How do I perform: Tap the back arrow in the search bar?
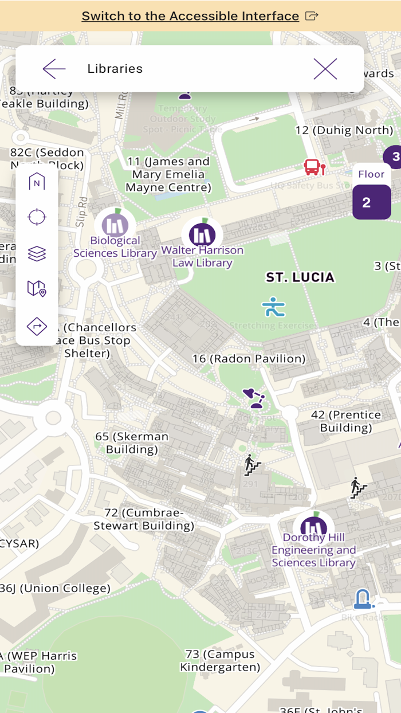(54, 69)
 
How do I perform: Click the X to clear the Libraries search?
(325, 69)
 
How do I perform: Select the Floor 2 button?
(371, 201)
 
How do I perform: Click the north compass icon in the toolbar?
(37, 182)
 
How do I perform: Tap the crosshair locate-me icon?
(37, 217)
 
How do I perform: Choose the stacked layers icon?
(37, 253)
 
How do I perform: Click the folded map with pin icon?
(37, 289)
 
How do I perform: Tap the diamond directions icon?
(37, 326)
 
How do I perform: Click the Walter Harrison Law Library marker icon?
(202, 234)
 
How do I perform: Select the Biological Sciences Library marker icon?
(115, 224)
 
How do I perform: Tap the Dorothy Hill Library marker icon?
(313, 528)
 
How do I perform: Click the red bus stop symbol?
(314, 167)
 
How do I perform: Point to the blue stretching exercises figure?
(273, 307)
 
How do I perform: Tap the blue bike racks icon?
(363, 599)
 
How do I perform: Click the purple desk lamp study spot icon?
(254, 398)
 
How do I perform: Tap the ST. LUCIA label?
(300, 277)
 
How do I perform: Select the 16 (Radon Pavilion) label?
(249, 359)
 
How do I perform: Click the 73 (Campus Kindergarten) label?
(220, 661)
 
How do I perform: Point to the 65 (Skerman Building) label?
(132, 443)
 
